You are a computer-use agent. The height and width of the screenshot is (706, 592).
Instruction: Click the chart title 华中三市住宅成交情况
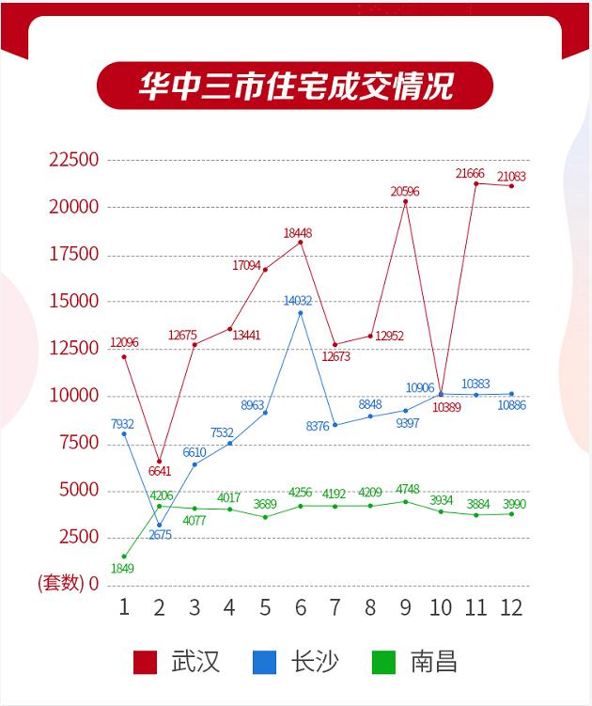(x=295, y=86)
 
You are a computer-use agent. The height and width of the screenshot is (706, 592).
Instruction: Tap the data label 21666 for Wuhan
(x=475, y=174)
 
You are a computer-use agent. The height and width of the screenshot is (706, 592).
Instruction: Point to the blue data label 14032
(x=299, y=301)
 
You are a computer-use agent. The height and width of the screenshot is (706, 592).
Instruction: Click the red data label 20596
(x=406, y=192)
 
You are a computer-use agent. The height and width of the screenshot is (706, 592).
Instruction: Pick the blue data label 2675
(x=160, y=536)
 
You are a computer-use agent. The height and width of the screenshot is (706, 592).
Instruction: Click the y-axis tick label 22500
(x=73, y=160)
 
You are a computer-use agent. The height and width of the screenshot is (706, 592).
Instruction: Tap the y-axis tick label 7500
(x=78, y=443)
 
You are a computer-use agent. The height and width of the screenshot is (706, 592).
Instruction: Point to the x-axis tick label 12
(x=510, y=606)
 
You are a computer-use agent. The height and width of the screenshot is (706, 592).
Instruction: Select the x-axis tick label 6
(x=301, y=606)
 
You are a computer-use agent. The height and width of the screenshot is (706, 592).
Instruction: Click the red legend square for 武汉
(x=146, y=662)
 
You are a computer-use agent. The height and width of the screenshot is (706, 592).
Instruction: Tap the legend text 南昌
(x=433, y=662)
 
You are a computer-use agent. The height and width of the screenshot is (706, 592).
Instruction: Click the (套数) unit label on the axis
(x=61, y=583)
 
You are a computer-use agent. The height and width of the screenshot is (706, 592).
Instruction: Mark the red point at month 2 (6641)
(x=160, y=461)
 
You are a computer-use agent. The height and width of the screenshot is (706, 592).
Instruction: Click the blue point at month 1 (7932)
(x=124, y=433)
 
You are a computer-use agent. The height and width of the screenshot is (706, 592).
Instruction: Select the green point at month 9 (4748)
(x=406, y=501)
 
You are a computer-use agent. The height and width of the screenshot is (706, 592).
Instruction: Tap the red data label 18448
(x=300, y=232)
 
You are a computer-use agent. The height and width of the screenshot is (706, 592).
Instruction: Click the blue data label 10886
(x=512, y=405)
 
